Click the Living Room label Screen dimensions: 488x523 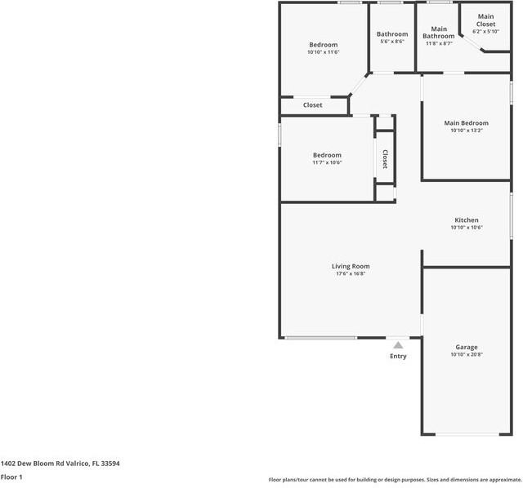coord(351,266)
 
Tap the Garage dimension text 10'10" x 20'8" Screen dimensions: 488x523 coord(467,355)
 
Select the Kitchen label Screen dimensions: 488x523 coord(467,220)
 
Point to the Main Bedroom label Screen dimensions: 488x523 coord(467,123)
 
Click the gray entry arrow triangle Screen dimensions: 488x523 coord(398,345)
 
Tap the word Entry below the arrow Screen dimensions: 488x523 coord(398,357)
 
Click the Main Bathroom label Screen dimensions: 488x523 coord(439,33)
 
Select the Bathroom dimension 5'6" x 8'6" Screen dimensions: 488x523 coord(392,42)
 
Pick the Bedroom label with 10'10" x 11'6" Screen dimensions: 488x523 coord(323,45)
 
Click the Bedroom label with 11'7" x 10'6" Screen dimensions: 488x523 coord(327,155)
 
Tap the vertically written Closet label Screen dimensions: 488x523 coord(384,159)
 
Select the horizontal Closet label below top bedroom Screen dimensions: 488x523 coord(313,105)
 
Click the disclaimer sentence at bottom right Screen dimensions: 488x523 coord(395,480)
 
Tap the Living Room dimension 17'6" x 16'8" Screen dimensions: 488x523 coord(351,274)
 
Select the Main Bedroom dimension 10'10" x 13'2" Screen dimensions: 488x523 coord(467,131)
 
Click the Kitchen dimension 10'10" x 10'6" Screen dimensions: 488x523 coord(467,228)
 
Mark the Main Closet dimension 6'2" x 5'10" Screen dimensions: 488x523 coord(485,32)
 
